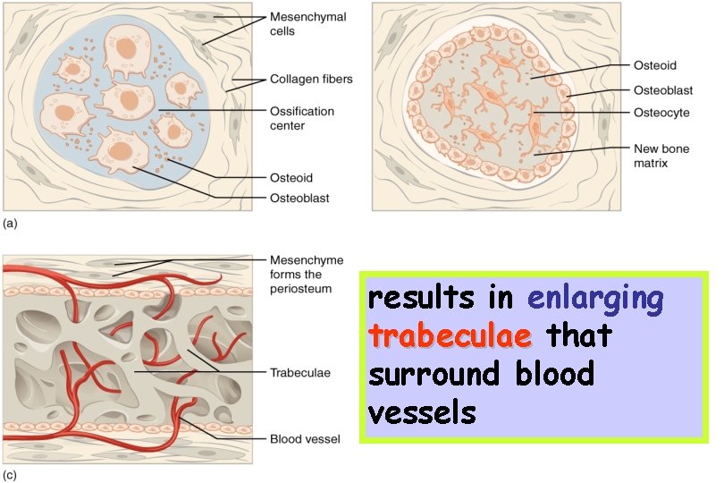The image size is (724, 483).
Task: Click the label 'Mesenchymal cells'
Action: [307, 24]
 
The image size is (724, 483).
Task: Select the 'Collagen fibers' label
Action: [311, 80]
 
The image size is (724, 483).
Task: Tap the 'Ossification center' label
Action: [302, 119]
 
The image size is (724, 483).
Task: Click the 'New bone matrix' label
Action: [662, 157]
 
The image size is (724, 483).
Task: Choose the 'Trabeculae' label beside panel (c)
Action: [300, 372]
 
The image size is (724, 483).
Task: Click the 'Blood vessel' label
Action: [304, 439]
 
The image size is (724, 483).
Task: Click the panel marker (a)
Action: [10, 219]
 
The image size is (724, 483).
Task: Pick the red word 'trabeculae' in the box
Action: [450, 336]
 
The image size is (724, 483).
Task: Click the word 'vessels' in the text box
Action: [422, 411]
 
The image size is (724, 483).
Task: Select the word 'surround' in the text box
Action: [434, 374]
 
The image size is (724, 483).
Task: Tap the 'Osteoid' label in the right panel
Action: [655, 65]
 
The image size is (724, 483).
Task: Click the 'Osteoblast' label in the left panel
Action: [299, 198]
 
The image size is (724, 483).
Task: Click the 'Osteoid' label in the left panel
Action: [291, 178]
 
